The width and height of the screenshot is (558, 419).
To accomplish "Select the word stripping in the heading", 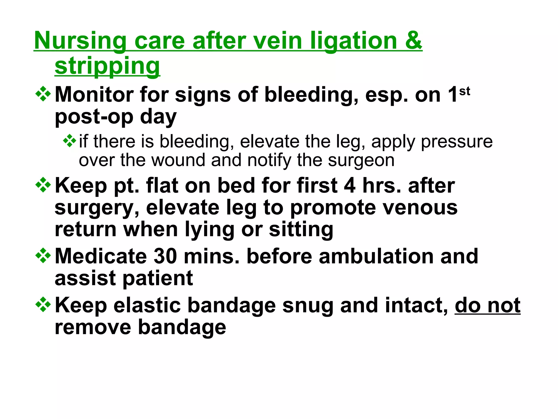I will [107, 66].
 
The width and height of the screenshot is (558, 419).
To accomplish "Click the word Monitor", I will [94, 95].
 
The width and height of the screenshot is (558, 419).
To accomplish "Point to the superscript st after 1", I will [465, 91].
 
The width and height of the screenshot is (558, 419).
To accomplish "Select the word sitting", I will [301, 229].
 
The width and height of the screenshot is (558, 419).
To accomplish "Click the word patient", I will [158, 278].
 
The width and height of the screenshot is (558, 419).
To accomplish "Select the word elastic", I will [147, 305].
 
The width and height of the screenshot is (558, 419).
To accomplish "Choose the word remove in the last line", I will [93, 327].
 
